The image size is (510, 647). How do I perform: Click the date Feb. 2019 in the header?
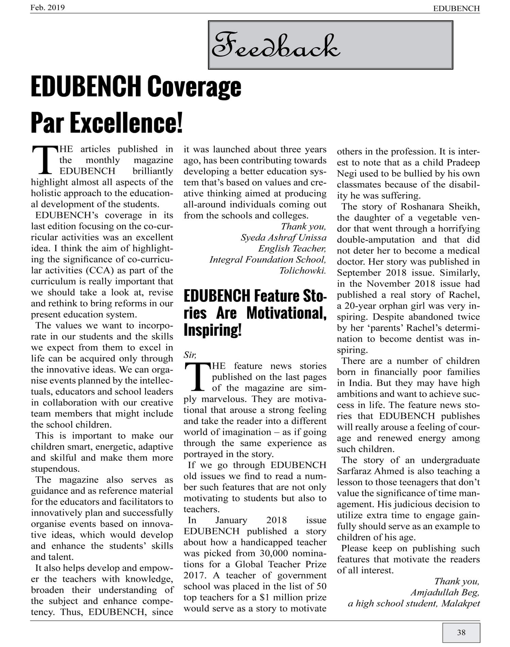48,7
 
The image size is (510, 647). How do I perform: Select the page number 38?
461,632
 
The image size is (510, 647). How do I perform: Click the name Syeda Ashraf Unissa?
284,237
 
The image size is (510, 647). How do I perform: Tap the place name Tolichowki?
303,270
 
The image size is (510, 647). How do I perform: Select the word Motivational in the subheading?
286,313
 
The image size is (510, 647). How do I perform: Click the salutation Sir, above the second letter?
190,355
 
